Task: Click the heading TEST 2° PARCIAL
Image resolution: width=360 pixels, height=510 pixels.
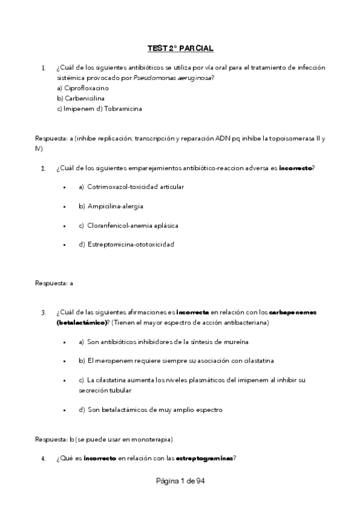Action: pos(180,48)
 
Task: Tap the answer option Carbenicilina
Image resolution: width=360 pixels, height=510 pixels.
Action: pos(75,98)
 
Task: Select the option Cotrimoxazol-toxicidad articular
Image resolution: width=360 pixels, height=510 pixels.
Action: pos(131,186)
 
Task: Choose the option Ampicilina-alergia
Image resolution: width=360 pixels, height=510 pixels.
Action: pos(111,206)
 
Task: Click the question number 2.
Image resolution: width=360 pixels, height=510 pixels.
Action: pos(43,168)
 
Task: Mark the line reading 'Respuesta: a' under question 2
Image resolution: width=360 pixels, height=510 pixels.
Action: pos(54,282)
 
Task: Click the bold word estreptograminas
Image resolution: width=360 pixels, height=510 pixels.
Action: pos(204,458)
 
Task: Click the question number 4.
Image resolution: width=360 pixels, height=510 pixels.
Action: pos(43,459)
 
